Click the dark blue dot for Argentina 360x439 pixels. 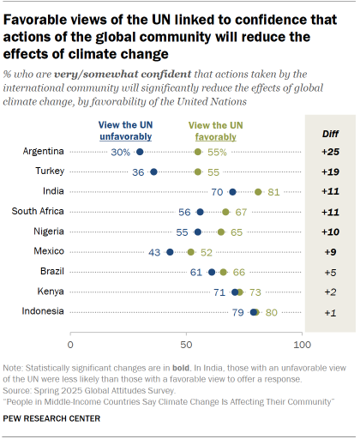[x=140, y=152]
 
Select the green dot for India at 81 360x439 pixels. [x=258, y=191]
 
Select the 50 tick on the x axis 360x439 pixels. [x=186, y=345]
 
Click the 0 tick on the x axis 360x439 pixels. [x=70, y=345]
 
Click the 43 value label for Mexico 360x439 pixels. [x=154, y=252]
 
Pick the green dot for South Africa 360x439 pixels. [x=225, y=212]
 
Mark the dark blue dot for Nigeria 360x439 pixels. [x=198, y=232]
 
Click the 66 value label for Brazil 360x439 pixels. [x=239, y=272]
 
